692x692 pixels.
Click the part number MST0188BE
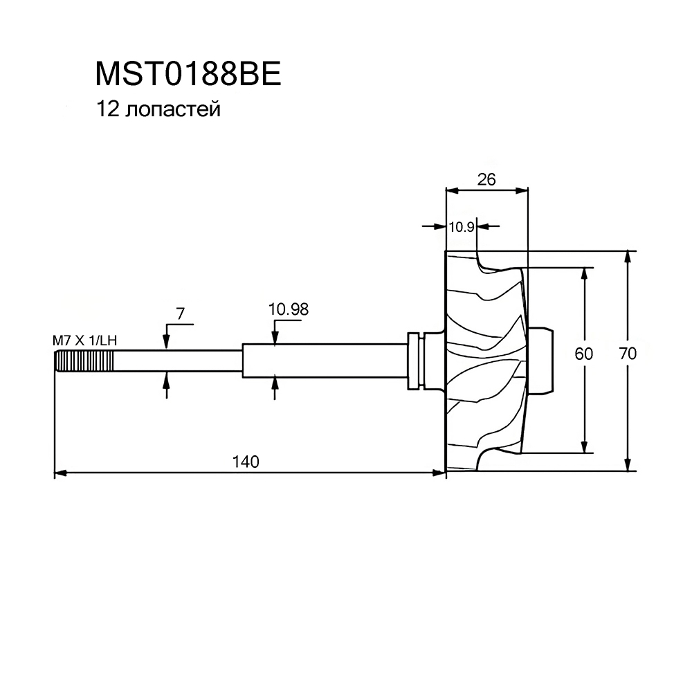pos(188,74)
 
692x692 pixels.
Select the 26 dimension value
pos(486,179)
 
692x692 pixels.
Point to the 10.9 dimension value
pos(461,226)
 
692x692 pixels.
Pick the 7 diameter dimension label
pos(180,313)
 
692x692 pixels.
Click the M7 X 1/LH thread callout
pos(83,340)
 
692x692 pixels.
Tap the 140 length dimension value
pos(246,462)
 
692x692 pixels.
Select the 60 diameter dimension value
pos(584,354)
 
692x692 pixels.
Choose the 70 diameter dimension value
pos(628,354)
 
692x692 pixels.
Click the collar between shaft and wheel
pos(416,361)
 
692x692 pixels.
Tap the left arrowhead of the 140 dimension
pos(59,473)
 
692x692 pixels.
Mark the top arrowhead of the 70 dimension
pos(628,255)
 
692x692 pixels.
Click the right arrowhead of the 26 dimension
pos(523,188)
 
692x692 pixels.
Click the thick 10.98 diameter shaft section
pos(325,361)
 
